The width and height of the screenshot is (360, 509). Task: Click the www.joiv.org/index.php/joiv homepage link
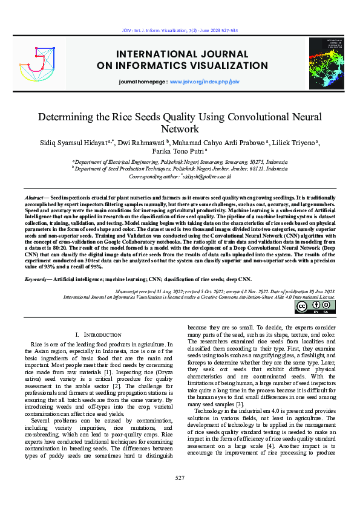point(205,80)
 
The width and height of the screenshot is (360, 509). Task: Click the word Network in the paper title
point(180,129)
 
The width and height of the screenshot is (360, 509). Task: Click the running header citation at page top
point(180,30)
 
